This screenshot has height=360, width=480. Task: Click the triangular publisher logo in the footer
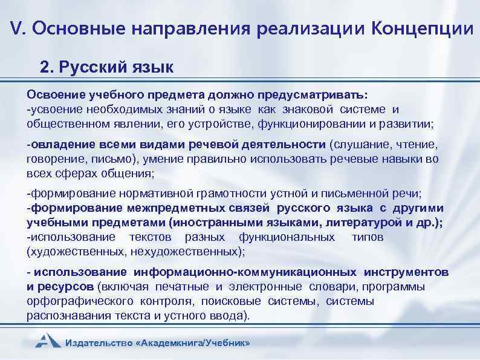pos(47,340)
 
